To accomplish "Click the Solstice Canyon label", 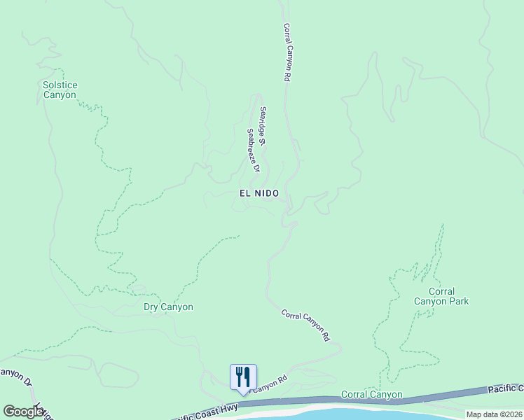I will click(60, 90).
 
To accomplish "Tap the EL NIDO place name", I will click(259, 193).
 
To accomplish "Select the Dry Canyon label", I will click(168, 307).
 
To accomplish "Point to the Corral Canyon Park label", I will click(441, 296).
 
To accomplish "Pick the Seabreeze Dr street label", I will click(253, 150).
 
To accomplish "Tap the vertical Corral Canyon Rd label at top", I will click(287, 53).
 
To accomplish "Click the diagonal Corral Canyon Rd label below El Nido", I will click(305, 325).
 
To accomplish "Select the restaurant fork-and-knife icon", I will click(243, 377).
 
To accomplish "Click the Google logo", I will click(24, 412).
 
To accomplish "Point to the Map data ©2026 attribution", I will click(494, 414).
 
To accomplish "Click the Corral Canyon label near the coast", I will click(371, 395).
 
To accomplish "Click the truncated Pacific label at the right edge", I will click(505, 388).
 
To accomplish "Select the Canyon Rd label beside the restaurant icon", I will click(269, 384).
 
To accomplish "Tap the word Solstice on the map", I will click(60, 85).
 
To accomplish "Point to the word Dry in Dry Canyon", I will click(151, 307).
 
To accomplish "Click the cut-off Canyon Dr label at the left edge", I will click(15, 377).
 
